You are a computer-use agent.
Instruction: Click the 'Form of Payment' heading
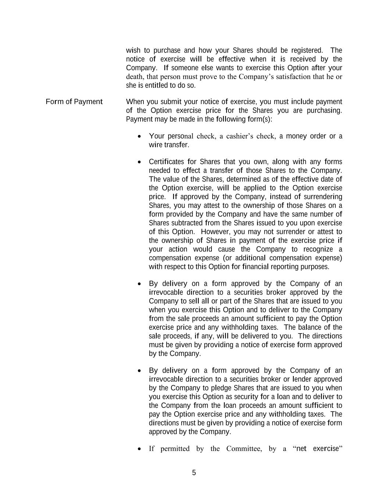(74, 102)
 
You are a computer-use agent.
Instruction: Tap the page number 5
(194, 473)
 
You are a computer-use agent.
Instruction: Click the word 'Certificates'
(166, 162)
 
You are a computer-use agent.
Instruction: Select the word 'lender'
(302, 379)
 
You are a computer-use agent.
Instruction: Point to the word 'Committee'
(243, 449)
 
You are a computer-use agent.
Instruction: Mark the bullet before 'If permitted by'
(139, 449)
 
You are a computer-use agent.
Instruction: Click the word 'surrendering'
(323, 197)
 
